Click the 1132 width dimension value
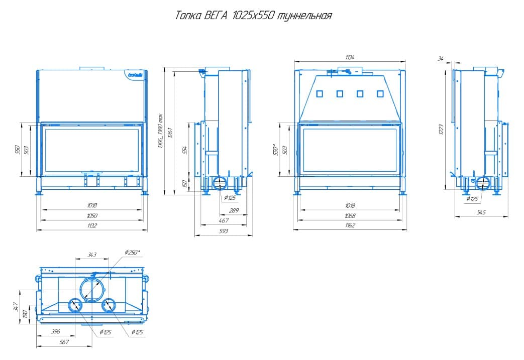(x=91, y=226)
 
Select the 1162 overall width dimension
(x=350, y=226)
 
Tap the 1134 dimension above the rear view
(x=350, y=58)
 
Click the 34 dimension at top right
(x=441, y=59)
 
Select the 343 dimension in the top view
(x=91, y=255)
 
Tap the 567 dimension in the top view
(x=65, y=341)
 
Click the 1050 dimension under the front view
(x=91, y=215)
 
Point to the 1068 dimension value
(x=350, y=215)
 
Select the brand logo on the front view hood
(x=135, y=75)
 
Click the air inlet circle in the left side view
(x=219, y=183)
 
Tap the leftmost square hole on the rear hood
(x=319, y=93)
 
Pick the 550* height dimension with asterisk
(x=276, y=150)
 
